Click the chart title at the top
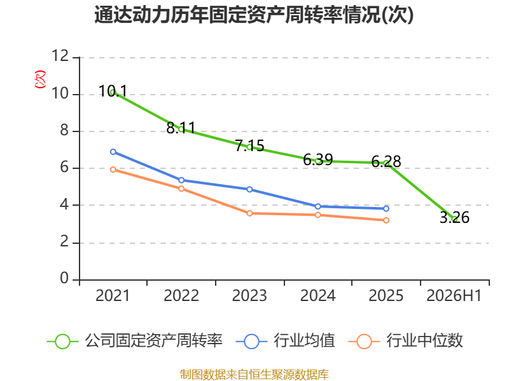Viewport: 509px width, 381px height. [x=254, y=15]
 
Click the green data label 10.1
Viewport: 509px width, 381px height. [x=113, y=91]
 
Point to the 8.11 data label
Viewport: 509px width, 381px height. [x=181, y=128]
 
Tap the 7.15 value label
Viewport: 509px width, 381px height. [x=249, y=146]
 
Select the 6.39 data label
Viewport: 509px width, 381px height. [x=317, y=159]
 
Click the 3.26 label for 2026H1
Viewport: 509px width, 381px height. [x=454, y=217]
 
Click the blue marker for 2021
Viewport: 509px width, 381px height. [x=113, y=152]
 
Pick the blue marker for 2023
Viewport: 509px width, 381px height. [x=249, y=189]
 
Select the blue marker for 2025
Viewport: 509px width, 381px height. [x=386, y=209]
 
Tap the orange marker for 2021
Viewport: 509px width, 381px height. [x=113, y=170]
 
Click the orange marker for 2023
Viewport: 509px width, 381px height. [x=249, y=213]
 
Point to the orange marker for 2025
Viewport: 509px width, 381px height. [x=386, y=220]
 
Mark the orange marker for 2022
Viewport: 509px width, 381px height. [x=181, y=189]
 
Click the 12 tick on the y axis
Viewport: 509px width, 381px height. [x=60, y=57]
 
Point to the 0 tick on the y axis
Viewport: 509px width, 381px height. [x=64, y=279]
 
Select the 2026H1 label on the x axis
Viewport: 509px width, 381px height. [x=454, y=296]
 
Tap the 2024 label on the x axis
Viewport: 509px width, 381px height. [x=317, y=296]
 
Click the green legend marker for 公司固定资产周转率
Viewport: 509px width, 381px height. [x=62, y=342]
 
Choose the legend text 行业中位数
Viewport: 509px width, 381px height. [x=424, y=341]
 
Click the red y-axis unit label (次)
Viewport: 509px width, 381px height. [x=40, y=79]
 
